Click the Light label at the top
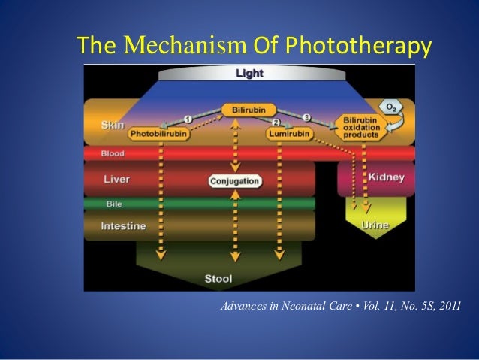250,74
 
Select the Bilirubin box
248,110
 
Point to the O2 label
392,107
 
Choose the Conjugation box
235,181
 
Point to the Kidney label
387,177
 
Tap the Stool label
219,279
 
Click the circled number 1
187,118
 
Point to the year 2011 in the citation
445,308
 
